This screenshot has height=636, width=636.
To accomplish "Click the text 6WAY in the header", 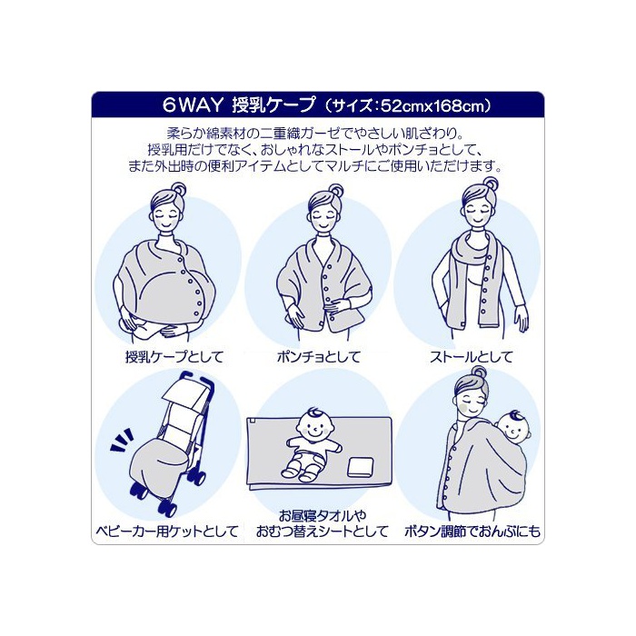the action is point(193,105).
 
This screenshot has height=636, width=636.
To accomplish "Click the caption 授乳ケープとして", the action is point(174,357).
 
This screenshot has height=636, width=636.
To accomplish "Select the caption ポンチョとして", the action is point(319,357).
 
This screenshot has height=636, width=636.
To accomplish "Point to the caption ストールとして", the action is point(472,357).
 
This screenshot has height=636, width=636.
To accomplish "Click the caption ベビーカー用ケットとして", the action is point(167,531).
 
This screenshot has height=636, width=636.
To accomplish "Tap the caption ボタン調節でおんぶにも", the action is point(472,531).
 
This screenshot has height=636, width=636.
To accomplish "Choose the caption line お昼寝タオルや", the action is point(322,515).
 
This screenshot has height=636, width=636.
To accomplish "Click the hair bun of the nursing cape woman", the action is point(178,189).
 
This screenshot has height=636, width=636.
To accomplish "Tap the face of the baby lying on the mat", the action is point(314,428).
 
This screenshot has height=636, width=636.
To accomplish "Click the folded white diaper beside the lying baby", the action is point(360,467).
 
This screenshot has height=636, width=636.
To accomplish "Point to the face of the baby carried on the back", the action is point(514,431).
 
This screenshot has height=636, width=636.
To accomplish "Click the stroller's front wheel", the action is point(168,507).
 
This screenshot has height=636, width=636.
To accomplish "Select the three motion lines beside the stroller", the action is point(122,440).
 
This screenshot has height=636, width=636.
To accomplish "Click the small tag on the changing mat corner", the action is point(252,422).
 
